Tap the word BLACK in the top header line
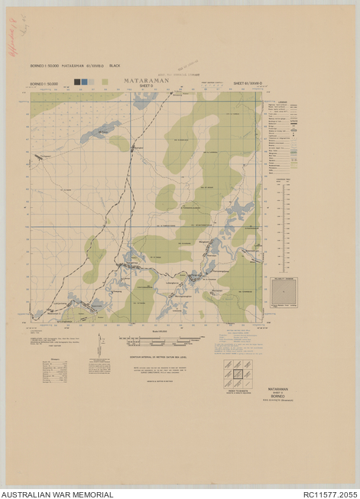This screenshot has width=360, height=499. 115,66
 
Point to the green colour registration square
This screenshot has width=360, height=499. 105,82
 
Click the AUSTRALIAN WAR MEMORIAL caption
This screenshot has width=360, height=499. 57,494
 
